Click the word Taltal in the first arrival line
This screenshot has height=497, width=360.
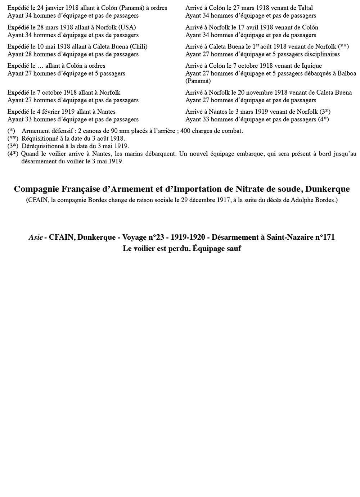click(305, 8)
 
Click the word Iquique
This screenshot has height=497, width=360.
click(311, 65)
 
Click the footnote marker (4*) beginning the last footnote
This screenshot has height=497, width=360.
click(13, 154)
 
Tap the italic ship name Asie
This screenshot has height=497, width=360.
click(36, 238)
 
